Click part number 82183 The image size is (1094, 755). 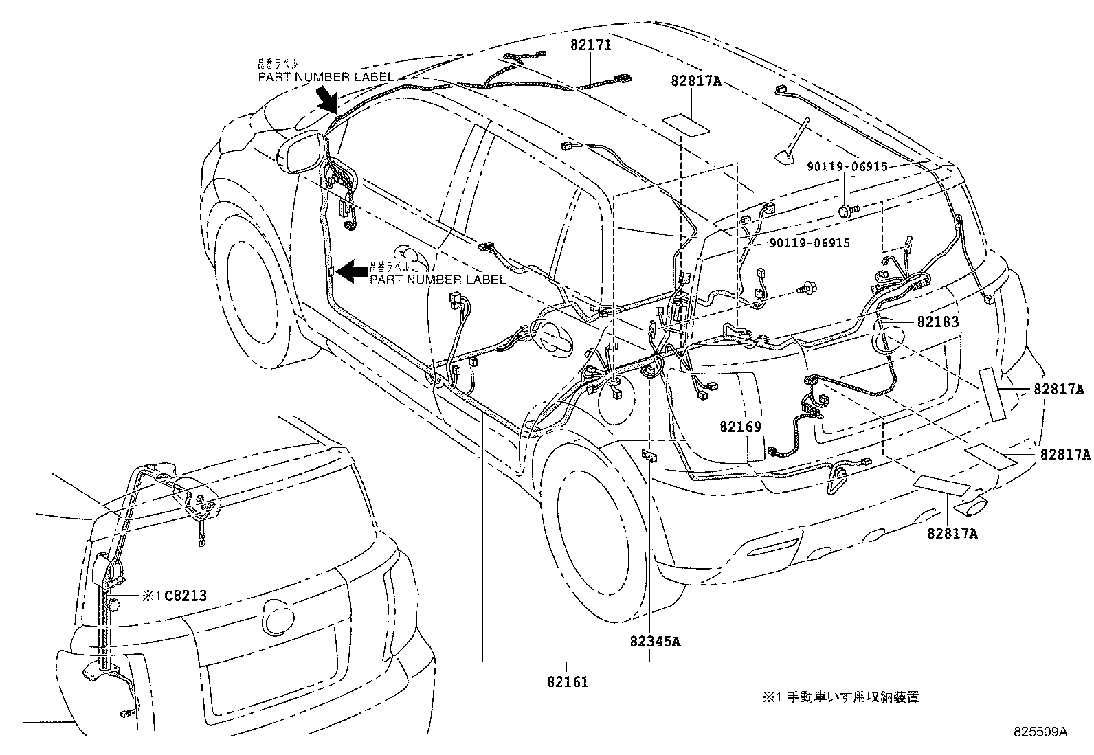coord(937,322)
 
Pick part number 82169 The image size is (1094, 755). coord(741,427)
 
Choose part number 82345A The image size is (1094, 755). coord(655,642)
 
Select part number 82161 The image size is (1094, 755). coord(568,683)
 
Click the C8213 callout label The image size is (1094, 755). coord(186,596)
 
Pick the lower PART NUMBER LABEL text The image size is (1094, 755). coord(438,280)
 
